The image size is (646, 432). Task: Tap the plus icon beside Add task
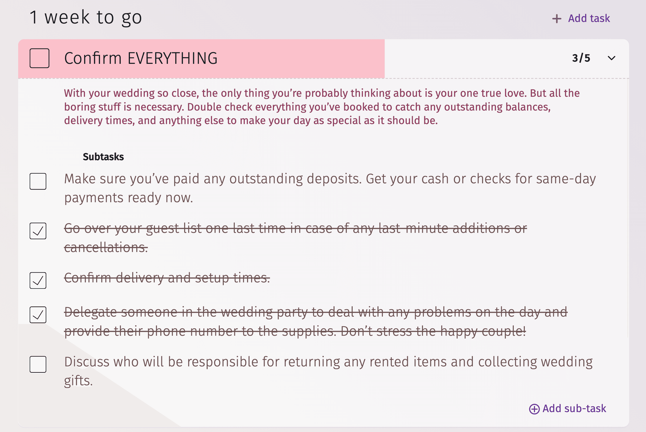(556, 19)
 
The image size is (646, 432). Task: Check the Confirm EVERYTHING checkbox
(39, 58)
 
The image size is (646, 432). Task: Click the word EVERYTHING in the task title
(172, 58)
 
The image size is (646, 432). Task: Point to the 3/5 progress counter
(581, 58)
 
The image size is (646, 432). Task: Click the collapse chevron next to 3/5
(611, 58)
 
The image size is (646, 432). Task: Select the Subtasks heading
(103, 157)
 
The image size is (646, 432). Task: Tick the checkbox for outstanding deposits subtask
(38, 181)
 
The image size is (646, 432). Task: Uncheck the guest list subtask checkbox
(38, 231)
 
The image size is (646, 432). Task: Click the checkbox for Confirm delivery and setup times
(38, 281)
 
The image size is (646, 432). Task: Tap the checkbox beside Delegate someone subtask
(38, 315)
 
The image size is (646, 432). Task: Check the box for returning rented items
(38, 364)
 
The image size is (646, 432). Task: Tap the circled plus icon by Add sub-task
(534, 409)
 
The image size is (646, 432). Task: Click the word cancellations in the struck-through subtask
(106, 247)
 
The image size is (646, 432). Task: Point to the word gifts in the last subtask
(78, 381)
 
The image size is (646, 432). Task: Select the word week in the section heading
(67, 17)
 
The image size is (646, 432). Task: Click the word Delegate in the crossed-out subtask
(90, 313)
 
